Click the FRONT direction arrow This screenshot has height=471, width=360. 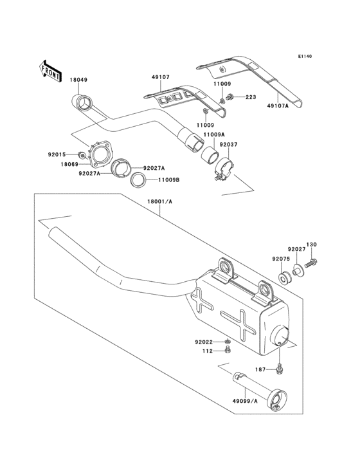tap(51, 68)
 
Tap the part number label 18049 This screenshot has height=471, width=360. tap(78, 80)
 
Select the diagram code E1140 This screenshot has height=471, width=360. tap(304, 57)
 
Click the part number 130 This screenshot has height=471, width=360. tap(311, 245)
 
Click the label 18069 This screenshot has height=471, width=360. tap(69, 165)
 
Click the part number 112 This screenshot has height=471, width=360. tap(208, 351)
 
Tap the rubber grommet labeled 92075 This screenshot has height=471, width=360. tap(283, 278)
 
